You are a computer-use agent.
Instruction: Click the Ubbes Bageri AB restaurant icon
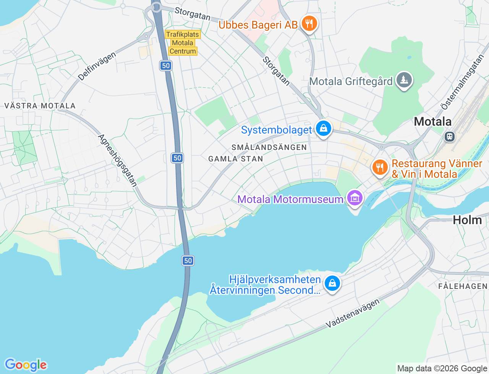pyautogui.click(x=309, y=24)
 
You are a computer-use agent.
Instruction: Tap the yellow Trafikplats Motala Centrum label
pyautogui.click(x=183, y=43)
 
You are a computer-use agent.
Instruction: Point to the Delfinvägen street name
pyautogui.click(x=97, y=66)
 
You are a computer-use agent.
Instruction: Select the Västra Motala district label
pyautogui.click(x=40, y=106)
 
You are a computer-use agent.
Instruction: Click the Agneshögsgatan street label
pyautogui.click(x=118, y=161)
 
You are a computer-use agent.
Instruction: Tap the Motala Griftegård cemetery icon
pyautogui.click(x=404, y=81)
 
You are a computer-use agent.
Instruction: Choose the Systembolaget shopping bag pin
pyautogui.click(x=324, y=129)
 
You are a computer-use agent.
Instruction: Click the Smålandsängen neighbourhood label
pyautogui.click(x=269, y=147)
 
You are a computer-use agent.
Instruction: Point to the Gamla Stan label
pyautogui.click(x=236, y=159)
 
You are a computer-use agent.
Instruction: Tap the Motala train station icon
pyautogui.click(x=450, y=136)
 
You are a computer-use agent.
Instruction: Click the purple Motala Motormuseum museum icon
pyautogui.click(x=355, y=198)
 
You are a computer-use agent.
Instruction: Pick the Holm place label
pyautogui.click(x=467, y=220)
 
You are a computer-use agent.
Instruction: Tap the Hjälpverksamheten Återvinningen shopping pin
pyautogui.click(x=332, y=284)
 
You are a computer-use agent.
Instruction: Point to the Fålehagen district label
pyautogui.click(x=463, y=286)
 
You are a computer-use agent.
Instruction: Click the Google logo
pyautogui.click(x=26, y=365)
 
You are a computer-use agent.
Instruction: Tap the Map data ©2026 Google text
pyautogui.click(x=442, y=368)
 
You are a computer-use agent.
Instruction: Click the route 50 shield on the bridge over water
pyautogui.click(x=188, y=261)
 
